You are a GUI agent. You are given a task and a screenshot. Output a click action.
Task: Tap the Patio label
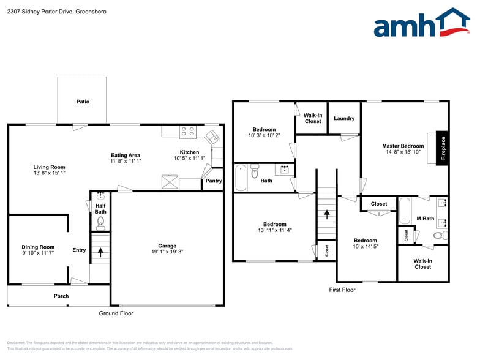coord(83,102)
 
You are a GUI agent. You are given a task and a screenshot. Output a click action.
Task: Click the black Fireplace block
coord(443,148)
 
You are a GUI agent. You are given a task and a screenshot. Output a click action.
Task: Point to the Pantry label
coord(214,181)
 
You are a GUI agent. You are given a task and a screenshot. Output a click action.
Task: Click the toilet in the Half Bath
coord(101,222)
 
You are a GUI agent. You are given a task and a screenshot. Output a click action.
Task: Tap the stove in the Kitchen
coord(187,131)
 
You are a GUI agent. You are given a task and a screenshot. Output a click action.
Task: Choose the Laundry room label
coord(344,118)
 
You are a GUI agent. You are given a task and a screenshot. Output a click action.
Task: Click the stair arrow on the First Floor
coord(327,214)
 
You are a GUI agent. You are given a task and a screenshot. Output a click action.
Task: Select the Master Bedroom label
coord(403,146)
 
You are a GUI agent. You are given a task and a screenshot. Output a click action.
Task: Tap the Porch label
coord(61,296)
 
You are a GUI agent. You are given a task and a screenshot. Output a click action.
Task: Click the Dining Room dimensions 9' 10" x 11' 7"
coord(39,252)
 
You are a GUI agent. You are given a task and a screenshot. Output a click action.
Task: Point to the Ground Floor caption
coord(116,313)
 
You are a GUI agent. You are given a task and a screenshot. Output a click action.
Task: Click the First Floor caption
coord(342,290)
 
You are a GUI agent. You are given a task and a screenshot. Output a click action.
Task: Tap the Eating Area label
coord(126,155)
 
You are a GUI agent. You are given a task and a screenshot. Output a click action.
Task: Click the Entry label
coord(79,250)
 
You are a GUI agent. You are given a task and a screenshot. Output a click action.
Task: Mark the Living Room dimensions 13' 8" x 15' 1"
coord(49,173)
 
